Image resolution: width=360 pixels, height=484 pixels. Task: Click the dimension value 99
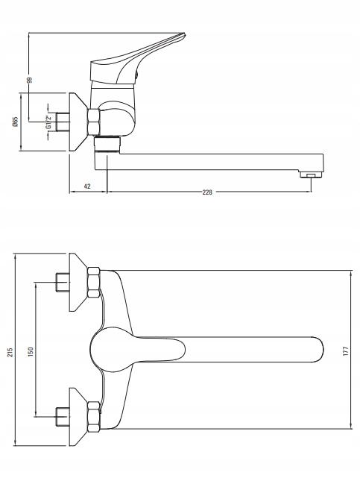point(28,80)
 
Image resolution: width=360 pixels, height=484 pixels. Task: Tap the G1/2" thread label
point(48,122)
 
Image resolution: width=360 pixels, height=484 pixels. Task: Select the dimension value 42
point(87,186)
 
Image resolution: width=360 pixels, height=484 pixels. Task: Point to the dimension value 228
point(207,192)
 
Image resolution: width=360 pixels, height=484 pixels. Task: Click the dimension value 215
point(10,351)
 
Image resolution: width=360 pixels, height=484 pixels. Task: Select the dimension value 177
point(346,351)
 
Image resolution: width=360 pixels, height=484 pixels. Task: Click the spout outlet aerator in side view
point(308,176)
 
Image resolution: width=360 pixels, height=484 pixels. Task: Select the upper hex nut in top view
point(93,282)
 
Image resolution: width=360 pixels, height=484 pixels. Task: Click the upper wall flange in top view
point(77,283)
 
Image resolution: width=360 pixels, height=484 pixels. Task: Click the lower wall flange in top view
point(77,417)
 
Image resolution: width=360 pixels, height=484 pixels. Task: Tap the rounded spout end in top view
point(316,351)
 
